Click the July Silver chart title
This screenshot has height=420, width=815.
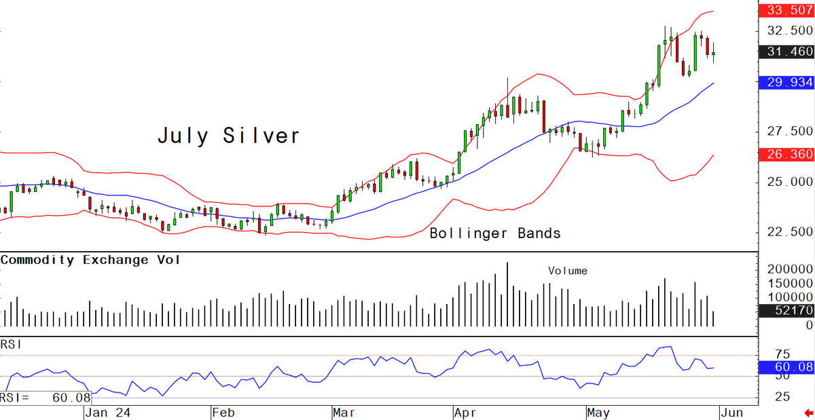[x=229, y=136]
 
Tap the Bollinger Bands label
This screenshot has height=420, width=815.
[x=495, y=233]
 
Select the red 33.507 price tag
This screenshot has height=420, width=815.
[x=787, y=9]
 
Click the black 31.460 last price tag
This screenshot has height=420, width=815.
[x=787, y=52]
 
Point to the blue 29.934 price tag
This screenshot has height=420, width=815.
[x=787, y=82]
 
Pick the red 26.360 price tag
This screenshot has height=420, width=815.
[x=787, y=154]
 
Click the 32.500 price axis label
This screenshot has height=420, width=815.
[x=790, y=30]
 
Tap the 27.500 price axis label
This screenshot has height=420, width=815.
[x=790, y=131]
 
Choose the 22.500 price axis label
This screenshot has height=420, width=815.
[x=790, y=231]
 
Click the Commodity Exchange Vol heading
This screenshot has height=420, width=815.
[x=90, y=260]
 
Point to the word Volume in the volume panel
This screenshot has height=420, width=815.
[x=568, y=271]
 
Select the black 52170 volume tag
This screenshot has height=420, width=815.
[x=787, y=311]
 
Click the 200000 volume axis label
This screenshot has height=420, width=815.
[x=790, y=269]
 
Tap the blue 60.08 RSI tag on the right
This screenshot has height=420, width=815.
[x=787, y=367]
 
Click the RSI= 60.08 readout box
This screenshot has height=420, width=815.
[x=46, y=398]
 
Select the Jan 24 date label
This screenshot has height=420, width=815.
[x=108, y=413]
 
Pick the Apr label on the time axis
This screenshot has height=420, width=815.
[x=465, y=413]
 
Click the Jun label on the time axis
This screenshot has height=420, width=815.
[x=731, y=413]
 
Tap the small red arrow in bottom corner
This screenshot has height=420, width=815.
[x=809, y=413]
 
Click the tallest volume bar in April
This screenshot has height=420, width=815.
[x=507, y=294]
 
